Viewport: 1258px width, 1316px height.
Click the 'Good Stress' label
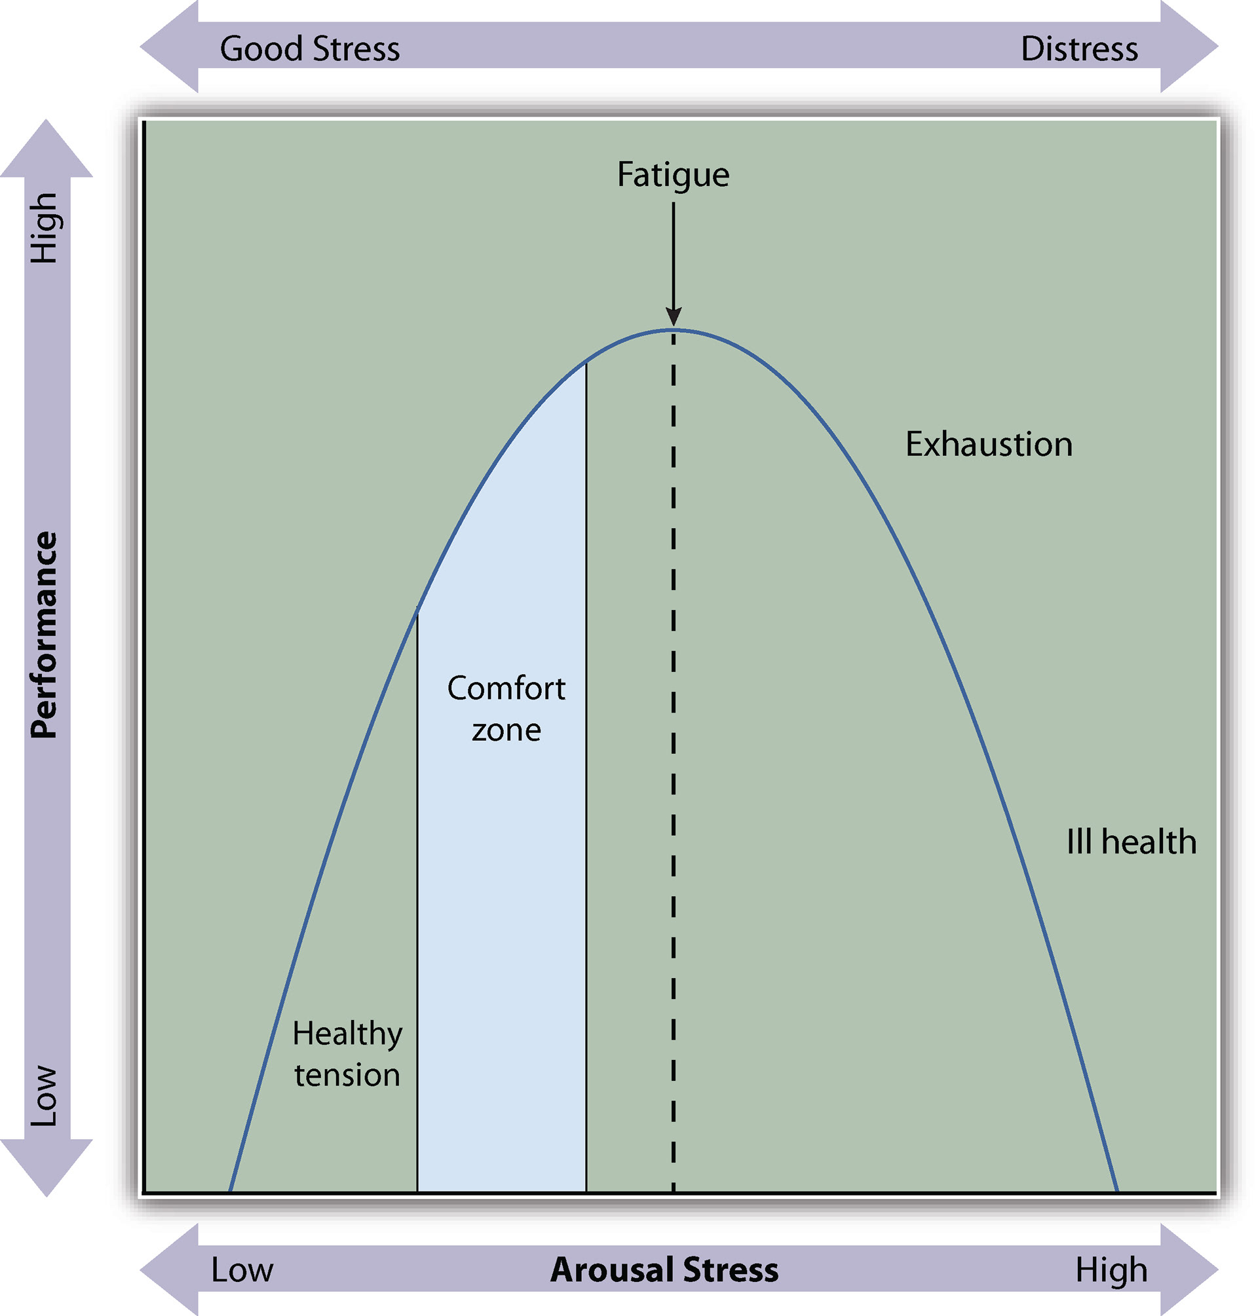(310, 49)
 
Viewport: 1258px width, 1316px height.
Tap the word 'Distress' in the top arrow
(1079, 49)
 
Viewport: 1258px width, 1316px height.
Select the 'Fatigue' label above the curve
(673, 175)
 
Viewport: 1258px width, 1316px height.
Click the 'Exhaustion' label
(989, 445)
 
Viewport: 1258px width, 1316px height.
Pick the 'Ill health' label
(1131, 842)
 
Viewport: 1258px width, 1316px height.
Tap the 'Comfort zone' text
(506, 709)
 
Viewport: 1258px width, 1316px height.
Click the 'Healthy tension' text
(347, 1054)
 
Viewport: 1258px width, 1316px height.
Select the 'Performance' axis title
(45, 635)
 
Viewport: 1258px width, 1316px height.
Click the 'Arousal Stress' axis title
(664, 1269)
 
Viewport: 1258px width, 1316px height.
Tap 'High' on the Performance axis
(45, 228)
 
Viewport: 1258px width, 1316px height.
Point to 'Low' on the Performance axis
(45, 1095)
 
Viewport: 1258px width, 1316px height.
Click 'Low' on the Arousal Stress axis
(242, 1269)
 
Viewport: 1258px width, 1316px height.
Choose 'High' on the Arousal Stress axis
(1111, 1269)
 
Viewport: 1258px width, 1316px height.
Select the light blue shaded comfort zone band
(502, 939)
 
